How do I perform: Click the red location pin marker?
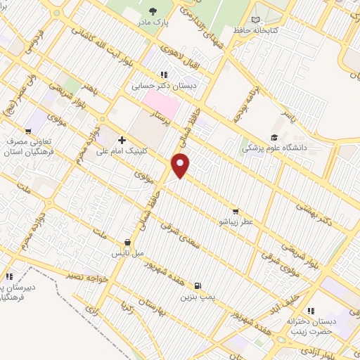click(181, 165)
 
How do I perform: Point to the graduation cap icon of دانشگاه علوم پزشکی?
click(274, 138)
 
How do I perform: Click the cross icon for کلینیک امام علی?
click(122, 141)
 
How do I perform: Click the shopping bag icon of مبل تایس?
click(127, 241)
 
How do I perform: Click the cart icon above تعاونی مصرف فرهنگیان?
click(28, 130)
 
